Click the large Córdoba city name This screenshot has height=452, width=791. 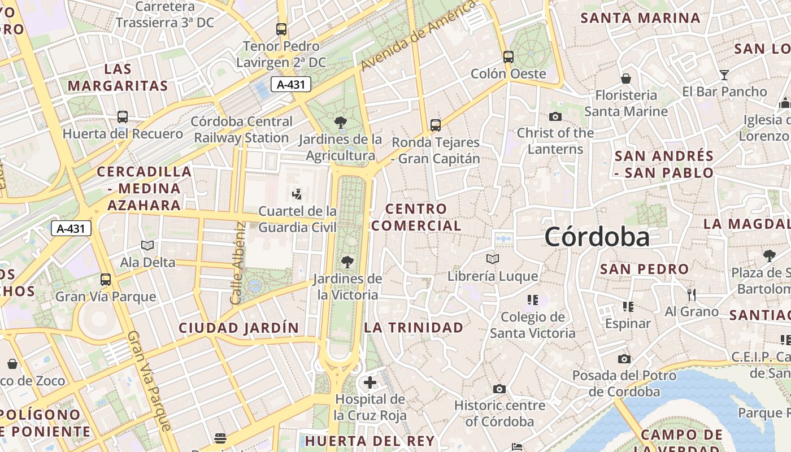pyautogui.click(x=597, y=237)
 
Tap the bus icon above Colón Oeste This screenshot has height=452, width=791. pyautogui.click(x=508, y=56)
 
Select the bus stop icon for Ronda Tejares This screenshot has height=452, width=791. pyautogui.click(x=435, y=125)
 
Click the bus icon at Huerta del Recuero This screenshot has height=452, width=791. pyautogui.click(x=122, y=117)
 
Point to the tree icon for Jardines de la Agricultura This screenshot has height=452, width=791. pyautogui.click(x=340, y=121)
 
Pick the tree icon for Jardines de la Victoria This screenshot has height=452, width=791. pyautogui.click(x=347, y=262)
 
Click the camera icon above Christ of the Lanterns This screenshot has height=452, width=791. pyautogui.click(x=555, y=116)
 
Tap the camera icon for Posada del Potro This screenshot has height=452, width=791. pyautogui.click(x=624, y=359)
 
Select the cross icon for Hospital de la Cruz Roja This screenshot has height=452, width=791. pyautogui.click(x=370, y=383)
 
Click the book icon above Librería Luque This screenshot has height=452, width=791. pyautogui.click(x=493, y=259)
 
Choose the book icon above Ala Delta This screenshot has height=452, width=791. pyautogui.click(x=147, y=245)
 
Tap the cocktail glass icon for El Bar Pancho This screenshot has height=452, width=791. pyautogui.click(x=724, y=75)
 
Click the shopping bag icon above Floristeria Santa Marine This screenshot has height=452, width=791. pyautogui.click(x=626, y=79)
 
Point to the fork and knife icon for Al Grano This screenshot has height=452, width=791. pyautogui.click(x=691, y=294)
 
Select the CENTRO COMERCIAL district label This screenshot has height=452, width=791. pyautogui.click(x=416, y=217)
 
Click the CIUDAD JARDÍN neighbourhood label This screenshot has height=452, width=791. pyautogui.click(x=238, y=328)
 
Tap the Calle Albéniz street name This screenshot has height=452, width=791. pyautogui.click(x=238, y=263)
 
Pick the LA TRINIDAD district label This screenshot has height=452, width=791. pyautogui.click(x=414, y=327)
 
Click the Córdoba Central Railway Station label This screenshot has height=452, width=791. pyautogui.click(x=241, y=129)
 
